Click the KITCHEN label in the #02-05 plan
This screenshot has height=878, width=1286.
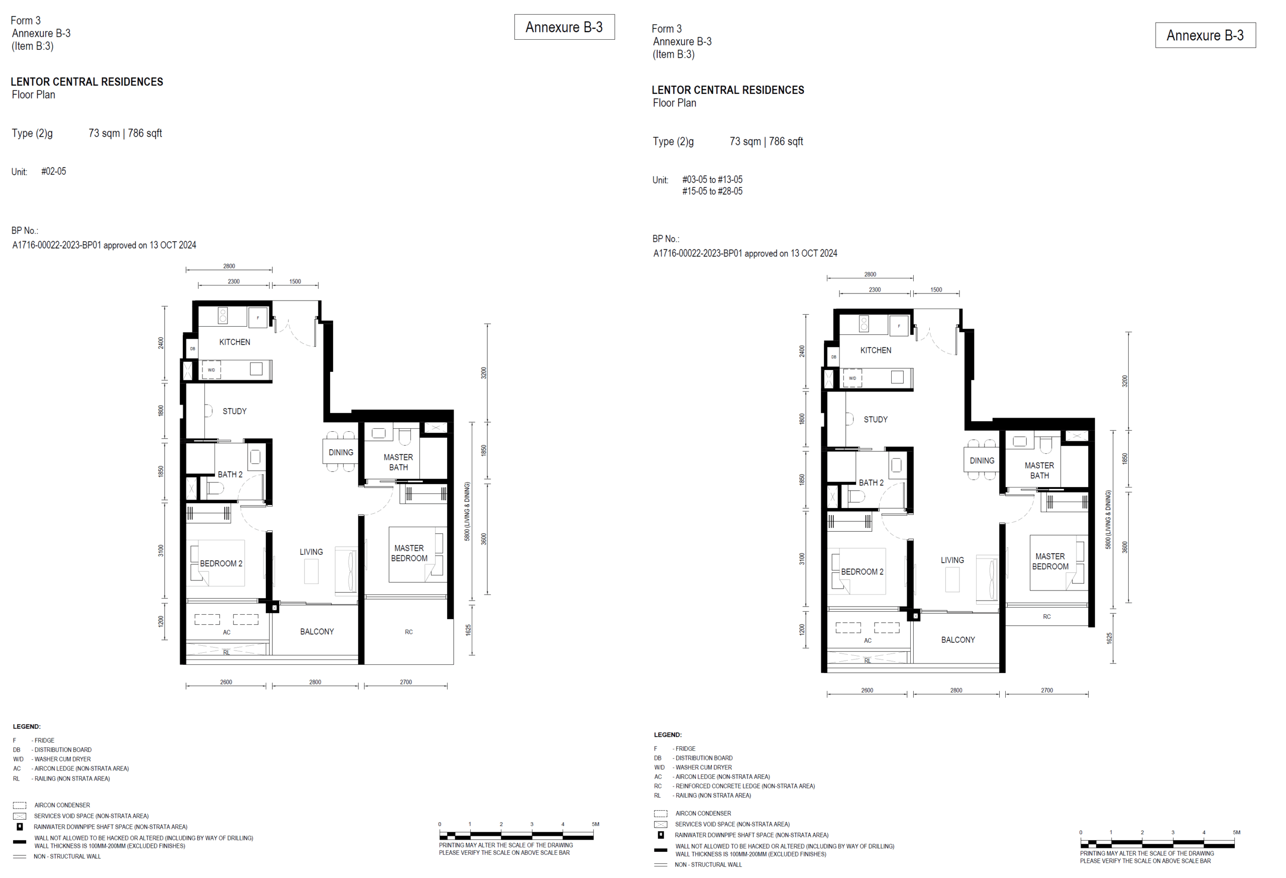[x=235, y=342]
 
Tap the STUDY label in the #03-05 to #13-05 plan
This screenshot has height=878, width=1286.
[x=876, y=420]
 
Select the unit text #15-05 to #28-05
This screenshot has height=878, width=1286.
[x=712, y=191]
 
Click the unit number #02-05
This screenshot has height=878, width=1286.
[x=54, y=171]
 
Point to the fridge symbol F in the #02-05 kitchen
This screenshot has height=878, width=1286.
[x=258, y=318]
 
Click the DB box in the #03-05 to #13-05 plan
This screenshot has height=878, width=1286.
[x=833, y=357]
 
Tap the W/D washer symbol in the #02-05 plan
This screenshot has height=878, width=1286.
[x=211, y=370]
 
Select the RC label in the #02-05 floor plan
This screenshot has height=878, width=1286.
[x=409, y=632]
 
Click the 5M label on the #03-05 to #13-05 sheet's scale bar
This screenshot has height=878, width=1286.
[x=1236, y=833]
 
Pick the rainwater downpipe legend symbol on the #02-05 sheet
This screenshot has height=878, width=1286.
[x=20, y=827]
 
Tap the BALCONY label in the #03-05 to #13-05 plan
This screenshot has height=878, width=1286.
[x=958, y=640]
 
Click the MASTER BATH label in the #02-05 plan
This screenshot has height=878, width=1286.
[x=398, y=462]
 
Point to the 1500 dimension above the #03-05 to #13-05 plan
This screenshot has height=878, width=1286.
[x=936, y=289]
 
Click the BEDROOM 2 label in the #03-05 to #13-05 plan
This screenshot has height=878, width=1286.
[x=862, y=572]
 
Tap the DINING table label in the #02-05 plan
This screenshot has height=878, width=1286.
[x=341, y=452]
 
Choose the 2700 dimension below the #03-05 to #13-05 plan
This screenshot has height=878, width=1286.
[x=1047, y=691]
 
